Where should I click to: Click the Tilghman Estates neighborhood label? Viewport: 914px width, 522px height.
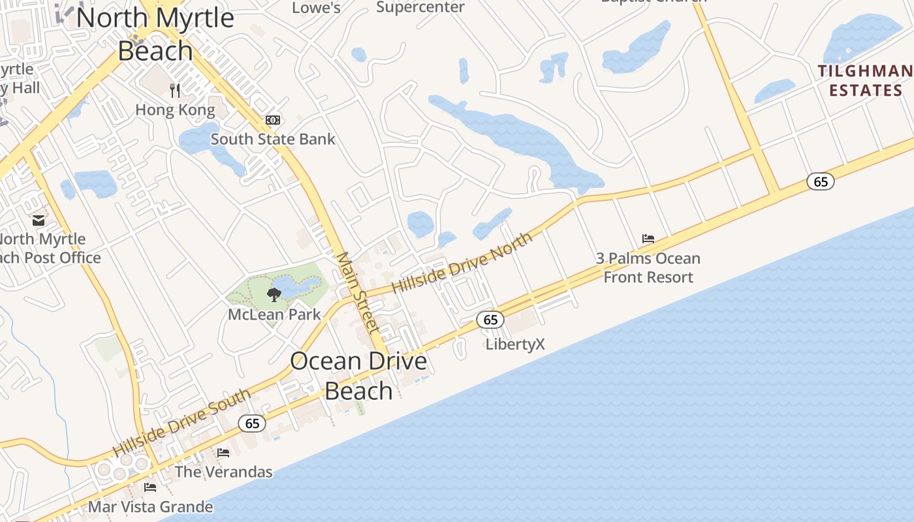point(865,80)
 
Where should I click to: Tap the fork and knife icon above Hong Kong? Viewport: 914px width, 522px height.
point(174,89)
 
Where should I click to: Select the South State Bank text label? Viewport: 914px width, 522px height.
point(272,139)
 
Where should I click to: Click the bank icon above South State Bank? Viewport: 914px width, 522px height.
point(272,120)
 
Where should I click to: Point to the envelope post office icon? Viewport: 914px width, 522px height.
point(39,221)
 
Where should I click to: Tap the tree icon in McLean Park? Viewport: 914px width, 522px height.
point(274,294)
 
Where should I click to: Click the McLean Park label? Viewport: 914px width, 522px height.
point(274,315)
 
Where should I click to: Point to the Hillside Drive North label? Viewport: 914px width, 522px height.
point(462,264)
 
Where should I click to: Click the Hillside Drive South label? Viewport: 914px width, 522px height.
point(181,423)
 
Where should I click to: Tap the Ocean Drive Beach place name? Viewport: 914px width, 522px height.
point(358,376)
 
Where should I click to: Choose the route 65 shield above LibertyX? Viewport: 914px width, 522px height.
point(490,320)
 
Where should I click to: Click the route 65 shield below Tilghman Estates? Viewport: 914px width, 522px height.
point(821,181)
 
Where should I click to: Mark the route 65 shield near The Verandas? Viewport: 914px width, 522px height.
point(252,423)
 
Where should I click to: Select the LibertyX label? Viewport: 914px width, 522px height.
point(515,345)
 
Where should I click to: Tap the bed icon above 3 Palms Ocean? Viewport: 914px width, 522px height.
point(648,239)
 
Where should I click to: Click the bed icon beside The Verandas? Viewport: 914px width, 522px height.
point(223,452)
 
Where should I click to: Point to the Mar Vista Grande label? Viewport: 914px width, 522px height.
point(150,507)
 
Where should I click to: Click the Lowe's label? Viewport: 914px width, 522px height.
point(316,8)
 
